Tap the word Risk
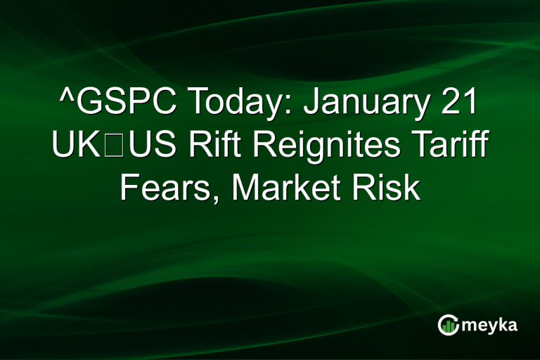[394, 188]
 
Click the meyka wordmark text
[492, 324]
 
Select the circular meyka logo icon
[449, 324]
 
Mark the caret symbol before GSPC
[65, 98]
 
